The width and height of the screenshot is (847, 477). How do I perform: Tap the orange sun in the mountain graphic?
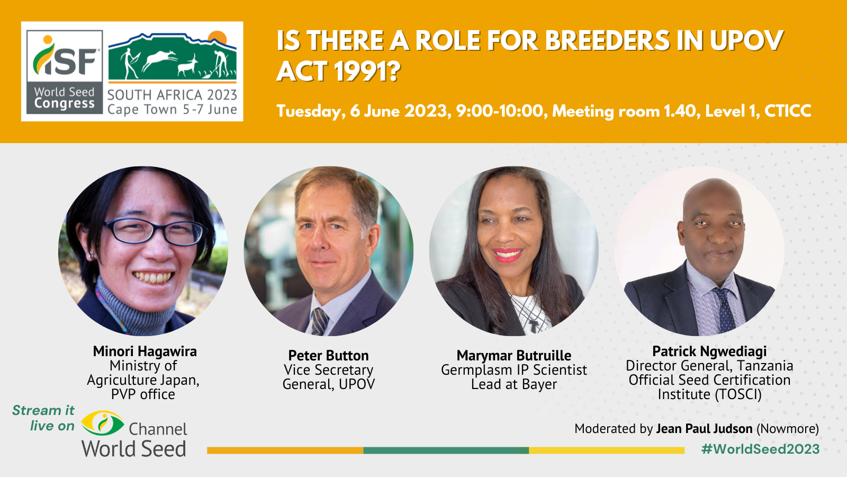[x=218, y=38]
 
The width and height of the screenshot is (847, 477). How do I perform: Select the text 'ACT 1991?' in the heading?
[x=338, y=72]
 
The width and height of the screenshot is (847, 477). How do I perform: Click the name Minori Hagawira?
[x=145, y=351]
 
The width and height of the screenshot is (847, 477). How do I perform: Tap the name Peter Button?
[x=328, y=356]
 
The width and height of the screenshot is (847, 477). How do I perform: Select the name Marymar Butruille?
[x=513, y=356]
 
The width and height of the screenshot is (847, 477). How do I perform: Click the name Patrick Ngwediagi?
[x=709, y=351]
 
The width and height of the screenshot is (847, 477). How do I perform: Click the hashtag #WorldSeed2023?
[x=760, y=449]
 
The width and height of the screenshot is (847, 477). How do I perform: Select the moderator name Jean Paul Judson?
[x=704, y=429]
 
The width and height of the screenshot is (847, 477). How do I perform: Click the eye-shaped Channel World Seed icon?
[x=103, y=423]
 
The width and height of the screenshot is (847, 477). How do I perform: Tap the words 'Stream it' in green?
[x=43, y=411]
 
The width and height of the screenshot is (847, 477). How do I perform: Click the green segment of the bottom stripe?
[x=446, y=450]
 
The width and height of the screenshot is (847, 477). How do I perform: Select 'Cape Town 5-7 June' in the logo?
[x=172, y=110]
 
